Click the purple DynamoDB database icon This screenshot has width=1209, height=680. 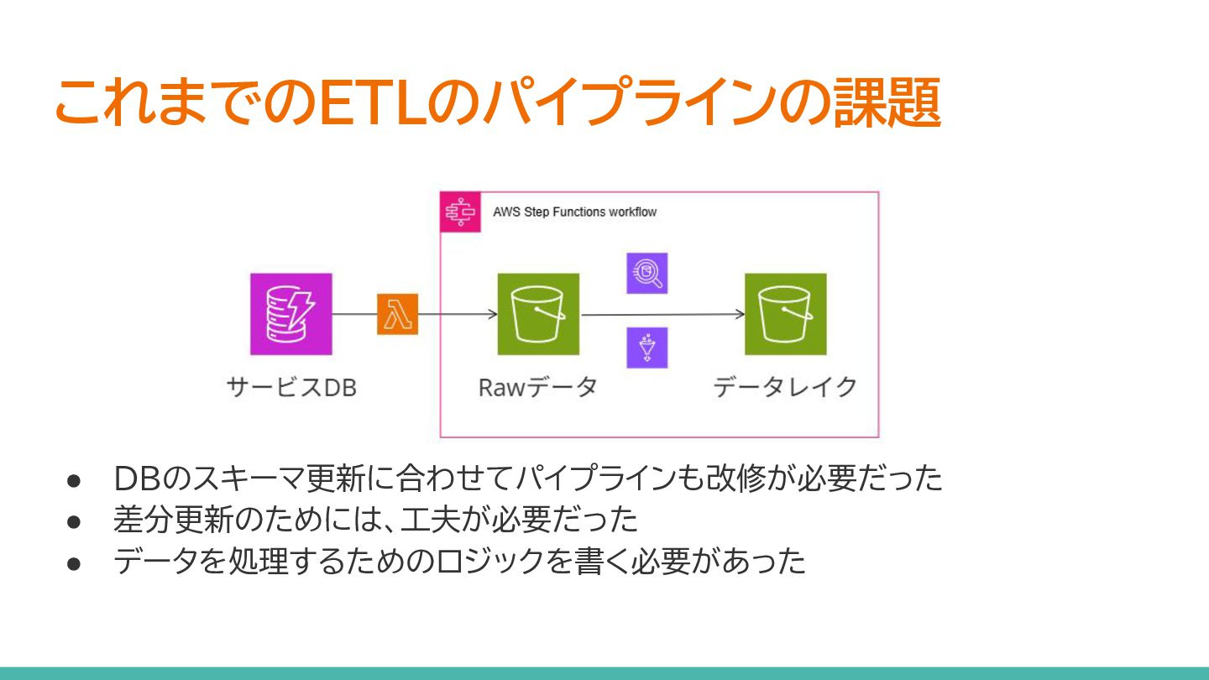(x=290, y=314)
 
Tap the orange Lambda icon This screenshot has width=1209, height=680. (x=397, y=314)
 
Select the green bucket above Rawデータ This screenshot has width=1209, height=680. (x=538, y=314)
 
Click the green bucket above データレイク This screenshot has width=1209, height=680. (x=785, y=314)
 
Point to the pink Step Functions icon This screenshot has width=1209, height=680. (x=460, y=212)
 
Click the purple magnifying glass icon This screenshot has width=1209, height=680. (x=646, y=273)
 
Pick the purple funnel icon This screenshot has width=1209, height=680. (x=646, y=348)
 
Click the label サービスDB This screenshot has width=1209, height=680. (x=291, y=388)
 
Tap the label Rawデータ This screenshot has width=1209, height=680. (x=537, y=388)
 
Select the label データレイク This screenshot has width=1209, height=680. (x=785, y=388)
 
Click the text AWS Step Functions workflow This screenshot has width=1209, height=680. (x=574, y=212)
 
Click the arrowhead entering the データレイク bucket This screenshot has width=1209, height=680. (x=740, y=315)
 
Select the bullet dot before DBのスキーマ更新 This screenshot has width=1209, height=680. (x=73, y=480)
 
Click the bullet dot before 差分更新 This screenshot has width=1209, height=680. (x=73, y=521)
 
